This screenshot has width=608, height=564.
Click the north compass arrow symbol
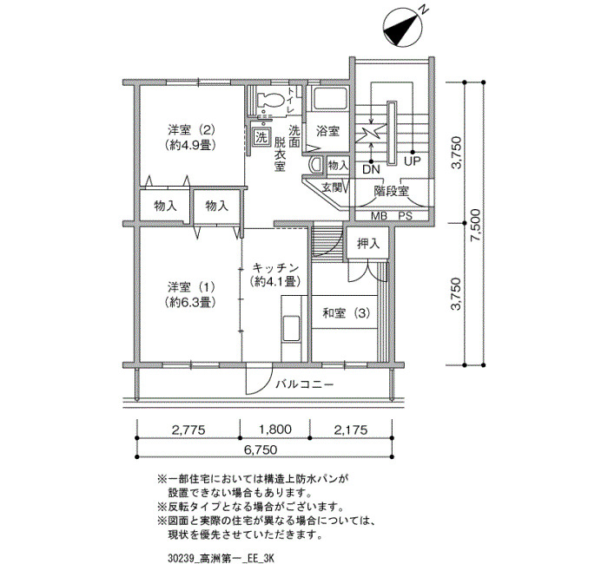[x=403, y=26]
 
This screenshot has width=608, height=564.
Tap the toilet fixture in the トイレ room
[x=268, y=101]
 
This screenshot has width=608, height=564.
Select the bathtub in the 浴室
[x=329, y=99]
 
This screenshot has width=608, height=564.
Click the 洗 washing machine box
[x=261, y=137]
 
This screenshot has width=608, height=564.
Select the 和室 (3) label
[x=347, y=313]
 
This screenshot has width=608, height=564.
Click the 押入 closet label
[x=367, y=244]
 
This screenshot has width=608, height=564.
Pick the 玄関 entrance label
[x=333, y=188]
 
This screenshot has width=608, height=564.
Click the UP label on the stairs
[x=413, y=161]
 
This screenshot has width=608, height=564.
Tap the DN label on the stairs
[x=371, y=169]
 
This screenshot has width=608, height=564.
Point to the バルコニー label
[x=304, y=384]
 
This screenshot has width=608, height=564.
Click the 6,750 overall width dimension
[x=261, y=449]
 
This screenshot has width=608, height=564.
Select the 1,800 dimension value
[x=275, y=430]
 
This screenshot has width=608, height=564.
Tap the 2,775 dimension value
[x=188, y=430]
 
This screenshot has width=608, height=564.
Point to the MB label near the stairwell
[x=380, y=216]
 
